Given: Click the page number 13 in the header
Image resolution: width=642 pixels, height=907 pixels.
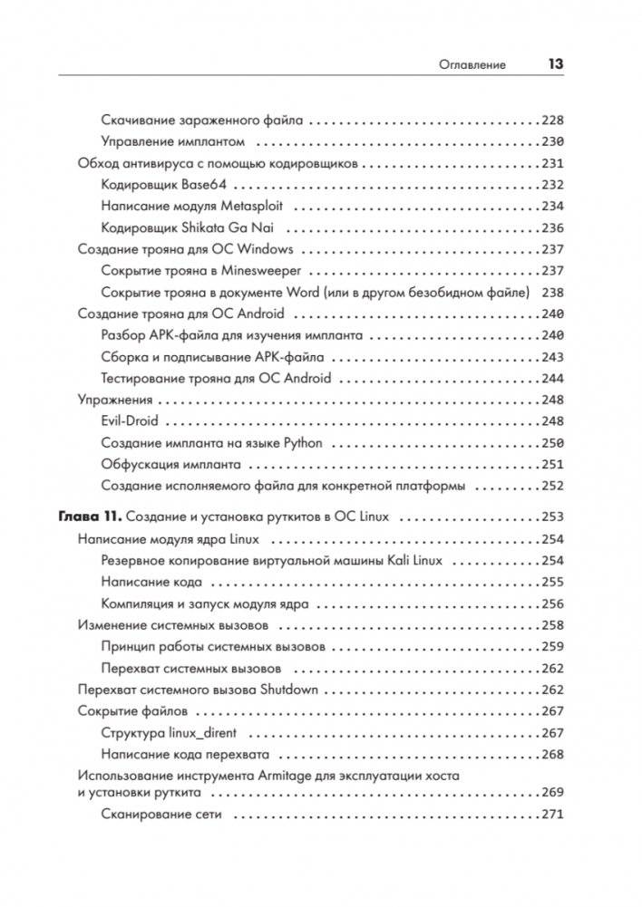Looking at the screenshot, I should pos(555,64).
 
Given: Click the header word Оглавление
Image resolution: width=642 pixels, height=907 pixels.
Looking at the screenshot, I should pos(472,65).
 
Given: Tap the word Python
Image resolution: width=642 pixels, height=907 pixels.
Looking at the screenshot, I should pos(304,443).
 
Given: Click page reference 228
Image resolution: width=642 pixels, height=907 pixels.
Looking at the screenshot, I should pos(552,121).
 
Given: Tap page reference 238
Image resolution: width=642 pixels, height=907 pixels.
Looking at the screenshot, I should pos(552,293).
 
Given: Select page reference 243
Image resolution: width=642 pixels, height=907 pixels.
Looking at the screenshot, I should pos(552,357).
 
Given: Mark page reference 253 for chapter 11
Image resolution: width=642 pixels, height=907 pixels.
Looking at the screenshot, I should pos(552,517).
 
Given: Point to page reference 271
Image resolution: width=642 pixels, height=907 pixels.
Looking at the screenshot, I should pos(552,815).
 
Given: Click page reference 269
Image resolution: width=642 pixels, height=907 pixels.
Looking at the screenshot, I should pos(552,793).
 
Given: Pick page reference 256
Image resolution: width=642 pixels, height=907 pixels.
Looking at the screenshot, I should pos(552,604).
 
